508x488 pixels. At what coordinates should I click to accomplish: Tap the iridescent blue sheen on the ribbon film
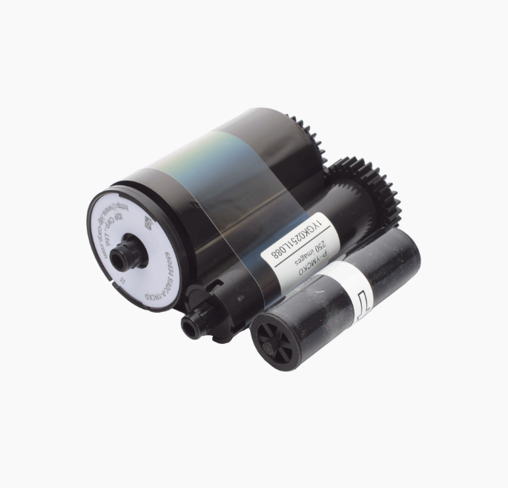pyautogui.click(x=222, y=171)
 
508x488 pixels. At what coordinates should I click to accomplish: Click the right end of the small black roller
pyautogui.click(x=404, y=256)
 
